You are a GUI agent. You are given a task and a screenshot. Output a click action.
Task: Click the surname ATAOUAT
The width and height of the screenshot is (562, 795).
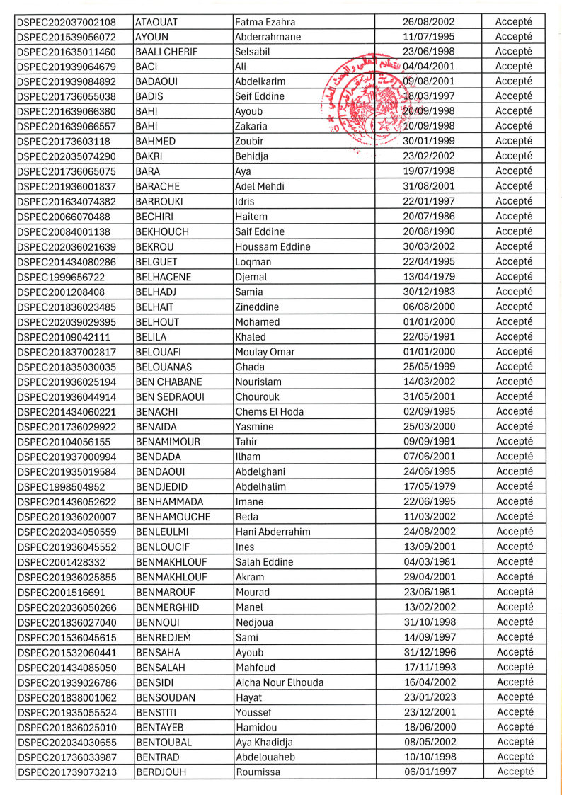pyautogui.click(x=157, y=21)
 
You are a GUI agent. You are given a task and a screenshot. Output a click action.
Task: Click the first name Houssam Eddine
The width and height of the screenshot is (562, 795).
pyautogui.click(x=273, y=246)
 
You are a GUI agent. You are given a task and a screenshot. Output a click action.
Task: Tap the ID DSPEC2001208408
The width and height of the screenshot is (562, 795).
pyautogui.click(x=60, y=292)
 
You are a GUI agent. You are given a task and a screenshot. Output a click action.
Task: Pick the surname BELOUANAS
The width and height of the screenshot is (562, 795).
pyautogui.click(x=164, y=367)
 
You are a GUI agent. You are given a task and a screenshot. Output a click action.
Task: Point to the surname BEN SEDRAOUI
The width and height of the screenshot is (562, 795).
pyautogui.click(x=170, y=396)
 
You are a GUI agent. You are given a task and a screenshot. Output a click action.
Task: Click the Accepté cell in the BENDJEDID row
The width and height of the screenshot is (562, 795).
pyautogui.click(x=515, y=486)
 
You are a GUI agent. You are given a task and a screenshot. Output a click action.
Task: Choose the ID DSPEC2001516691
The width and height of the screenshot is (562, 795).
pyautogui.click(x=60, y=592)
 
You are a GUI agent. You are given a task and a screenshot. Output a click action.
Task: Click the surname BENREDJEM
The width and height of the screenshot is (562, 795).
pyautogui.click(x=164, y=637)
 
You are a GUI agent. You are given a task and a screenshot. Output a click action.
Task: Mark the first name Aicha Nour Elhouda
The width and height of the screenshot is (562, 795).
pyautogui.click(x=279, y=682)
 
